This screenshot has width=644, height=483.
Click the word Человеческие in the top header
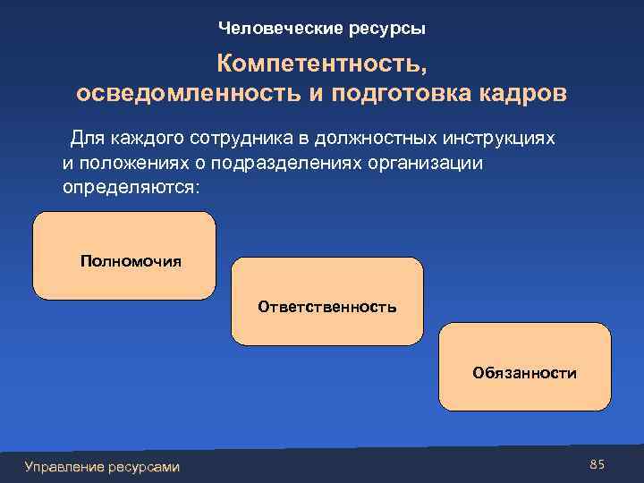(268, 29)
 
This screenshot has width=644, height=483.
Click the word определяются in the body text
(131, 189)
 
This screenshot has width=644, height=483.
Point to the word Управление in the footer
(63, 466)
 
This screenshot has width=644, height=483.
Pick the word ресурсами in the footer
(142, 466)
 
